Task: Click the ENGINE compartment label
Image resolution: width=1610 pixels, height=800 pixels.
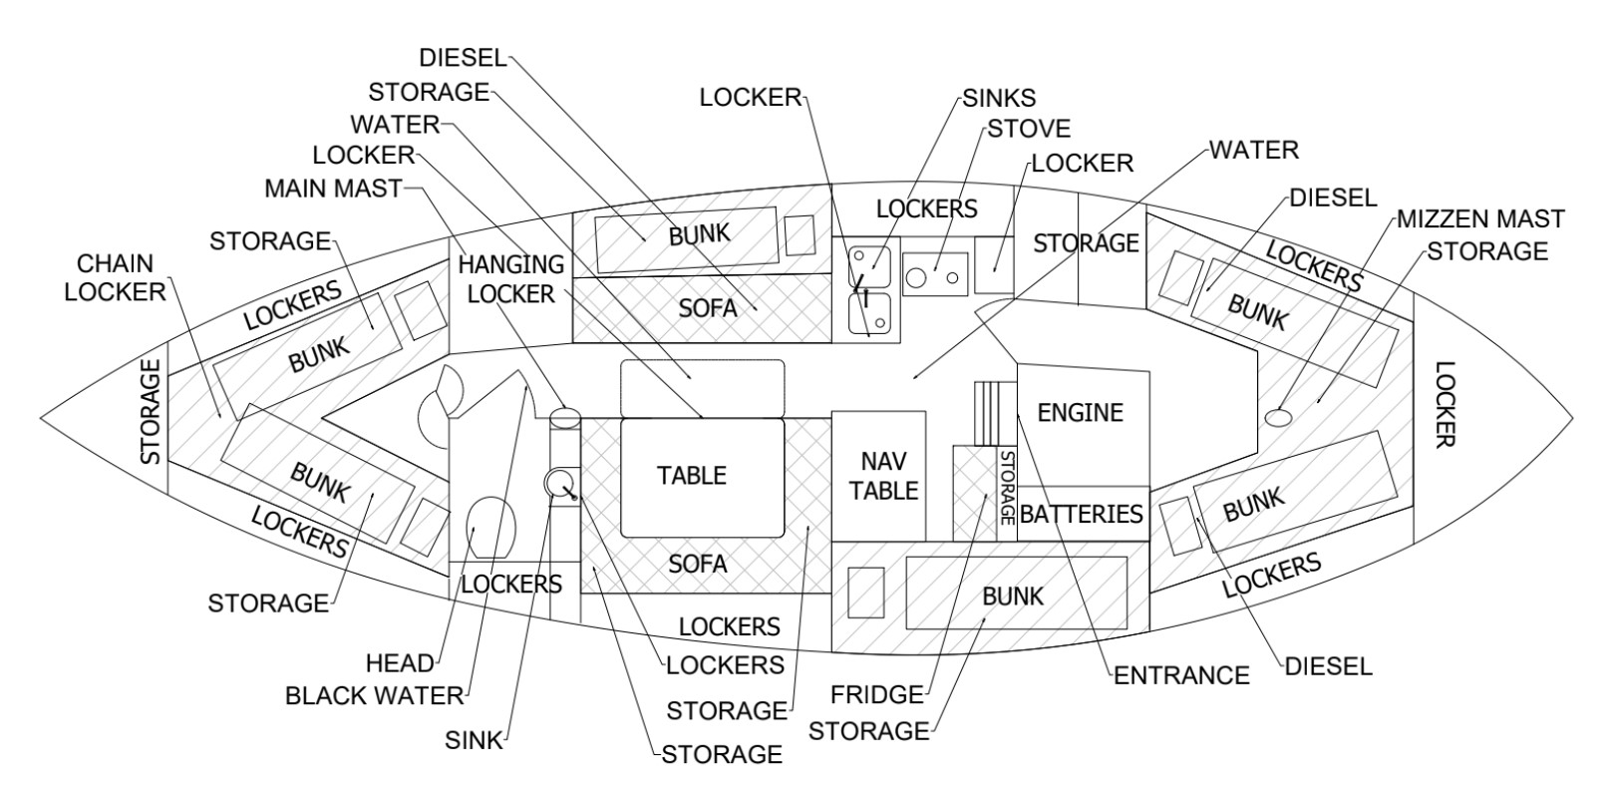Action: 1080,412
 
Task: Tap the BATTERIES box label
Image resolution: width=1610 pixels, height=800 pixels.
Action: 1081,514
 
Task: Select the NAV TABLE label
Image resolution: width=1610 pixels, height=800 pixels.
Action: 883,476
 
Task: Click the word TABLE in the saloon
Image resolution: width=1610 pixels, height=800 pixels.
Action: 692,476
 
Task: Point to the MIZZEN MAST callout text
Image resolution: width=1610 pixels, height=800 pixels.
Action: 1479,218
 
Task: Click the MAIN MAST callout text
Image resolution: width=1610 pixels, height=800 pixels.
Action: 333,188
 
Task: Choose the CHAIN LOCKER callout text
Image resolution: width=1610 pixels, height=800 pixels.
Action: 122,277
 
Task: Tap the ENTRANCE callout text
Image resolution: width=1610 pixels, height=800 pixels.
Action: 1180,675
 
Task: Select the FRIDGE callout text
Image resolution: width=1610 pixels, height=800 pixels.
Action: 877,693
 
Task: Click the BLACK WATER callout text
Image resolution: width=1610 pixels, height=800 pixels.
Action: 374,695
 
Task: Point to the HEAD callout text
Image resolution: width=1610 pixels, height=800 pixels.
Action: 400,663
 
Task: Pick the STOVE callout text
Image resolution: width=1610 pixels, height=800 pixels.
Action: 1028,129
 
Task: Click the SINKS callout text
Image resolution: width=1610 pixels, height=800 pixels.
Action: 999,98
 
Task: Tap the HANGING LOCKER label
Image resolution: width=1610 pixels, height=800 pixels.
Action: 510,279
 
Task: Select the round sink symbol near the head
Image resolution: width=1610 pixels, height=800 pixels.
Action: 557,483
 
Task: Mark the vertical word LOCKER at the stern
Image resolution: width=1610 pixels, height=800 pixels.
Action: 1445,405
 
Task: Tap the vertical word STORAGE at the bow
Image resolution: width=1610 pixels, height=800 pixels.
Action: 151,412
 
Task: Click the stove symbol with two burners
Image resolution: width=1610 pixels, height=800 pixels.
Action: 936,273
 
